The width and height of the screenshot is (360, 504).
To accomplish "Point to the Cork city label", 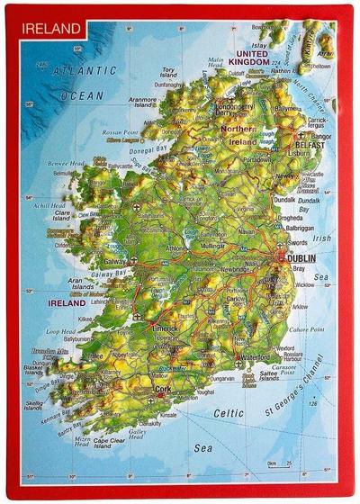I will (162, 389).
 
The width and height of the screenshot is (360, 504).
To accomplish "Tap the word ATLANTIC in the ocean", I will (83, 70).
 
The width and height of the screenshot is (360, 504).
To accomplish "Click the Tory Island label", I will (167, 73).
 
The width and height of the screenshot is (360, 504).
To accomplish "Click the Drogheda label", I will (292, 217).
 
